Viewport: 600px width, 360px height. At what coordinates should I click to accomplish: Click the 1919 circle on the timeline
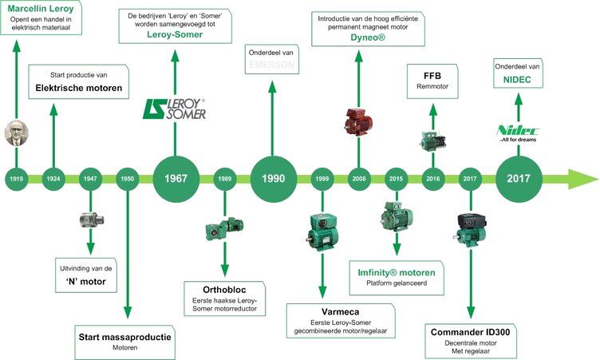point(16,178)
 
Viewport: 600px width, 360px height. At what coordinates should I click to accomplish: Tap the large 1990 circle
point(273,178)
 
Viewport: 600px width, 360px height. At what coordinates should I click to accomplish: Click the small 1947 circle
point(89,178)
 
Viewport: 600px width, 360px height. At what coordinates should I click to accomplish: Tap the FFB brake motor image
point(433,139)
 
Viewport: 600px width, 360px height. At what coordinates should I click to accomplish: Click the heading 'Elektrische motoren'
point(80,89)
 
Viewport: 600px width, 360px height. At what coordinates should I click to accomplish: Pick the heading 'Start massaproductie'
point(124,338)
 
